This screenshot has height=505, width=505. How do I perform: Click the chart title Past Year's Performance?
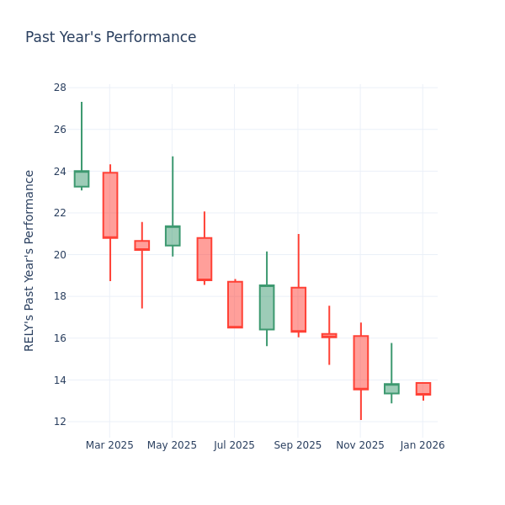(x=110, y=38)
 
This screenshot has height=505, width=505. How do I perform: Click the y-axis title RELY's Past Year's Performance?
(x=29, y=260)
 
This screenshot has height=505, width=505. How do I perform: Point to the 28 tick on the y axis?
(x=60, y=88)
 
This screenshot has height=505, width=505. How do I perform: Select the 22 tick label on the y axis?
(x=60, y=213)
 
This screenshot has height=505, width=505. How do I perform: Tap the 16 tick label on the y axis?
(x=60, y=338)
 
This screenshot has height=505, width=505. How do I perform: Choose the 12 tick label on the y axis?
(x=60, y=422)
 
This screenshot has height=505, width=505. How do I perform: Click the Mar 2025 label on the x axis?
(x=109, y=445)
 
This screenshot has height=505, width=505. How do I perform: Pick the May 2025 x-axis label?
(x=172, y=445)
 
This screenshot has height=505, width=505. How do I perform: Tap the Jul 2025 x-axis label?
(x=234, y=445)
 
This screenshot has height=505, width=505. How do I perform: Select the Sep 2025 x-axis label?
(x=298, y=445)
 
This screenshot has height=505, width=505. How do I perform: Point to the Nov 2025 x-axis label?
(x=360, y=445)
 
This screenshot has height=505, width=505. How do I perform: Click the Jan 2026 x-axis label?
(x=423, y=445)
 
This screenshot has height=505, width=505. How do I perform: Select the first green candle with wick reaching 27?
(x=82, y=178)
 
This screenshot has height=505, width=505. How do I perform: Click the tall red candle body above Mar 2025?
(x=110, y=205)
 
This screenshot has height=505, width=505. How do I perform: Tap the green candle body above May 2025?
(x=173, y=236)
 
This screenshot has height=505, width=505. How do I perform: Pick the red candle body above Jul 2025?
(x=235, y=305)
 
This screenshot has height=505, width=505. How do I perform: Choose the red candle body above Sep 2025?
(x=298, y=310)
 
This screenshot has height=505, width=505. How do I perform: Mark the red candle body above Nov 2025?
(x=360, y=362)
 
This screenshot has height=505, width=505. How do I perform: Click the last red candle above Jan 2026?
(x=423, y=388)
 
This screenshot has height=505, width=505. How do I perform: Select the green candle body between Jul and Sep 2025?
(x=267, y=307)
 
